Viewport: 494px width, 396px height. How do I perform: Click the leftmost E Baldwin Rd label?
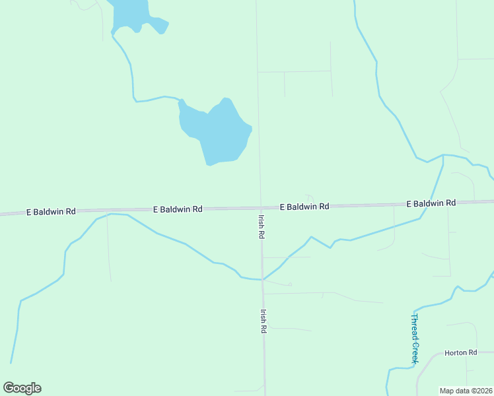[x=51, y=212]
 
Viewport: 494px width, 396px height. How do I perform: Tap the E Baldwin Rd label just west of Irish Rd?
[x=178, y=209]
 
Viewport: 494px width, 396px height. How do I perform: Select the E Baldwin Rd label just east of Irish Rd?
[x=304, y=207]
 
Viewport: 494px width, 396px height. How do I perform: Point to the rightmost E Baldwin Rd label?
[x=431, y=203]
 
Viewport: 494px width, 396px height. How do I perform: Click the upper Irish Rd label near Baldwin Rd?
[x=262, y=225]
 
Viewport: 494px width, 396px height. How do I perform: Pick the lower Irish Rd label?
[x=263, y=321]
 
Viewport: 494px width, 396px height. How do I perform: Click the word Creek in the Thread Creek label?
[x=415, y=350]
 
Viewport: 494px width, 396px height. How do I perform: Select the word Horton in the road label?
[x=455, y=353]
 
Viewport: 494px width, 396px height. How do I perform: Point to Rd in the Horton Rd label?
[x=472, y=353]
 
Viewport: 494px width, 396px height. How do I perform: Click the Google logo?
[x=22, y=388]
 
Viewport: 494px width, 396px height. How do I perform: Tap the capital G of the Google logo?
[x=9, y=388]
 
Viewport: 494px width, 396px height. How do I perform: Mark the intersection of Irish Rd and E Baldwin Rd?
[x=261, y=207]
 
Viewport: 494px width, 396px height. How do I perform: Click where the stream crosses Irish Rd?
[x=262, y=279]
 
